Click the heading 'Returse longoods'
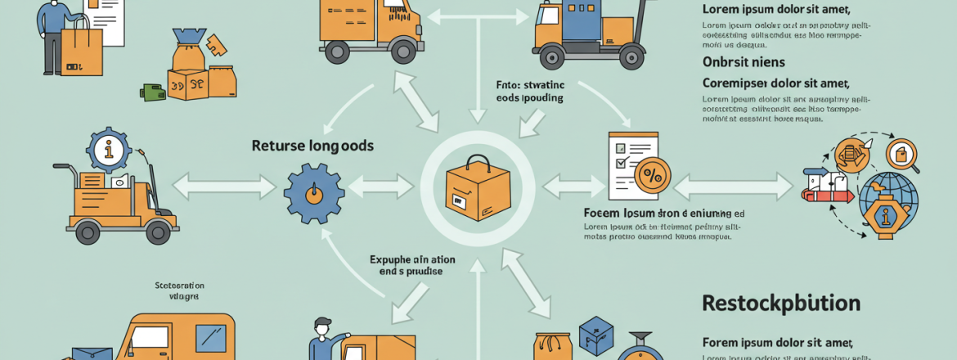312,146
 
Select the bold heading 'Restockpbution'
781,304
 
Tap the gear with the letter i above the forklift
108,150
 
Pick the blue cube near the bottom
595,335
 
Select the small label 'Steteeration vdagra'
179,291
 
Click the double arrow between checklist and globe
733,186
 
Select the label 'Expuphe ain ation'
412,260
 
